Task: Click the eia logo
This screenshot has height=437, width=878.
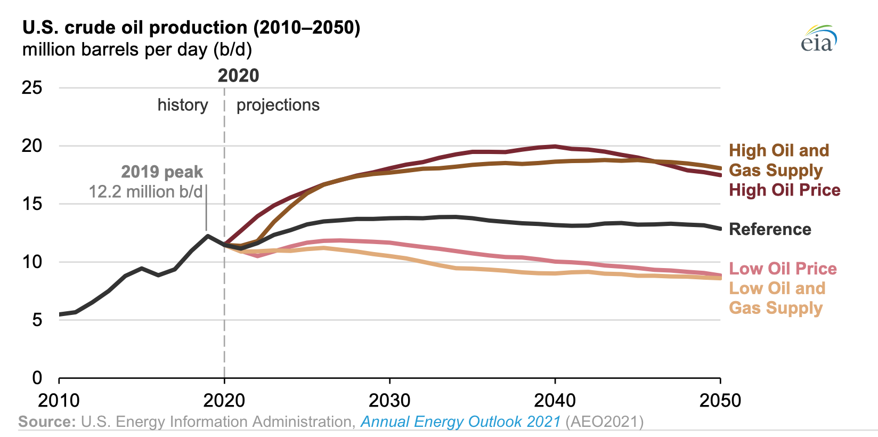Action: click(819, 39)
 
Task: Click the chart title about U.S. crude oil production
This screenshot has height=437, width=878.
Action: click(191, 27)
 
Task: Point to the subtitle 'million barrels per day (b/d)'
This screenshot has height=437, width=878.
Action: click(137, 50)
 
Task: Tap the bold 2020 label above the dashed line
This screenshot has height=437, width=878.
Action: click(238, 76)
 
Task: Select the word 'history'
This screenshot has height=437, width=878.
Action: click(183, 105)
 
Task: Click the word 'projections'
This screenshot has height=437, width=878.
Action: click(278, 105)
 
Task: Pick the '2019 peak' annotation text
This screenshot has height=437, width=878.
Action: click(162, 172)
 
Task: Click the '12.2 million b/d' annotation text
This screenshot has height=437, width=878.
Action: click(145, 191)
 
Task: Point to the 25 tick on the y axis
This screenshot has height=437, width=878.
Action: click(31, 87)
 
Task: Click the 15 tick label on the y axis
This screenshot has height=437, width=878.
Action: click(31, 204)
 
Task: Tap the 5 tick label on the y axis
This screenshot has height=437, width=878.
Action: click(36, 320)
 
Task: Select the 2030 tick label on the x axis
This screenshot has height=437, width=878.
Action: click(389, 400)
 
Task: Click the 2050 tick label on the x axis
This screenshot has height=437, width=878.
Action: click(720, 400)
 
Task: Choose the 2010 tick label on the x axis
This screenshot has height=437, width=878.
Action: click(59, 400)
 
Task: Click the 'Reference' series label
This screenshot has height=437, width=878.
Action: click(770, 229)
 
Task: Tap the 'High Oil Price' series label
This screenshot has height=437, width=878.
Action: click(784, 190)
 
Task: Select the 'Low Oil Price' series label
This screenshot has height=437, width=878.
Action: click(783, 269)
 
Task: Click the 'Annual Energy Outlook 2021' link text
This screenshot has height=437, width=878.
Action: click(461, 422)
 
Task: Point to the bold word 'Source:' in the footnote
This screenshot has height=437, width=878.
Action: click(47, 422)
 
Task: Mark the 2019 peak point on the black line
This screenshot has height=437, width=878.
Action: click(207, 236)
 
